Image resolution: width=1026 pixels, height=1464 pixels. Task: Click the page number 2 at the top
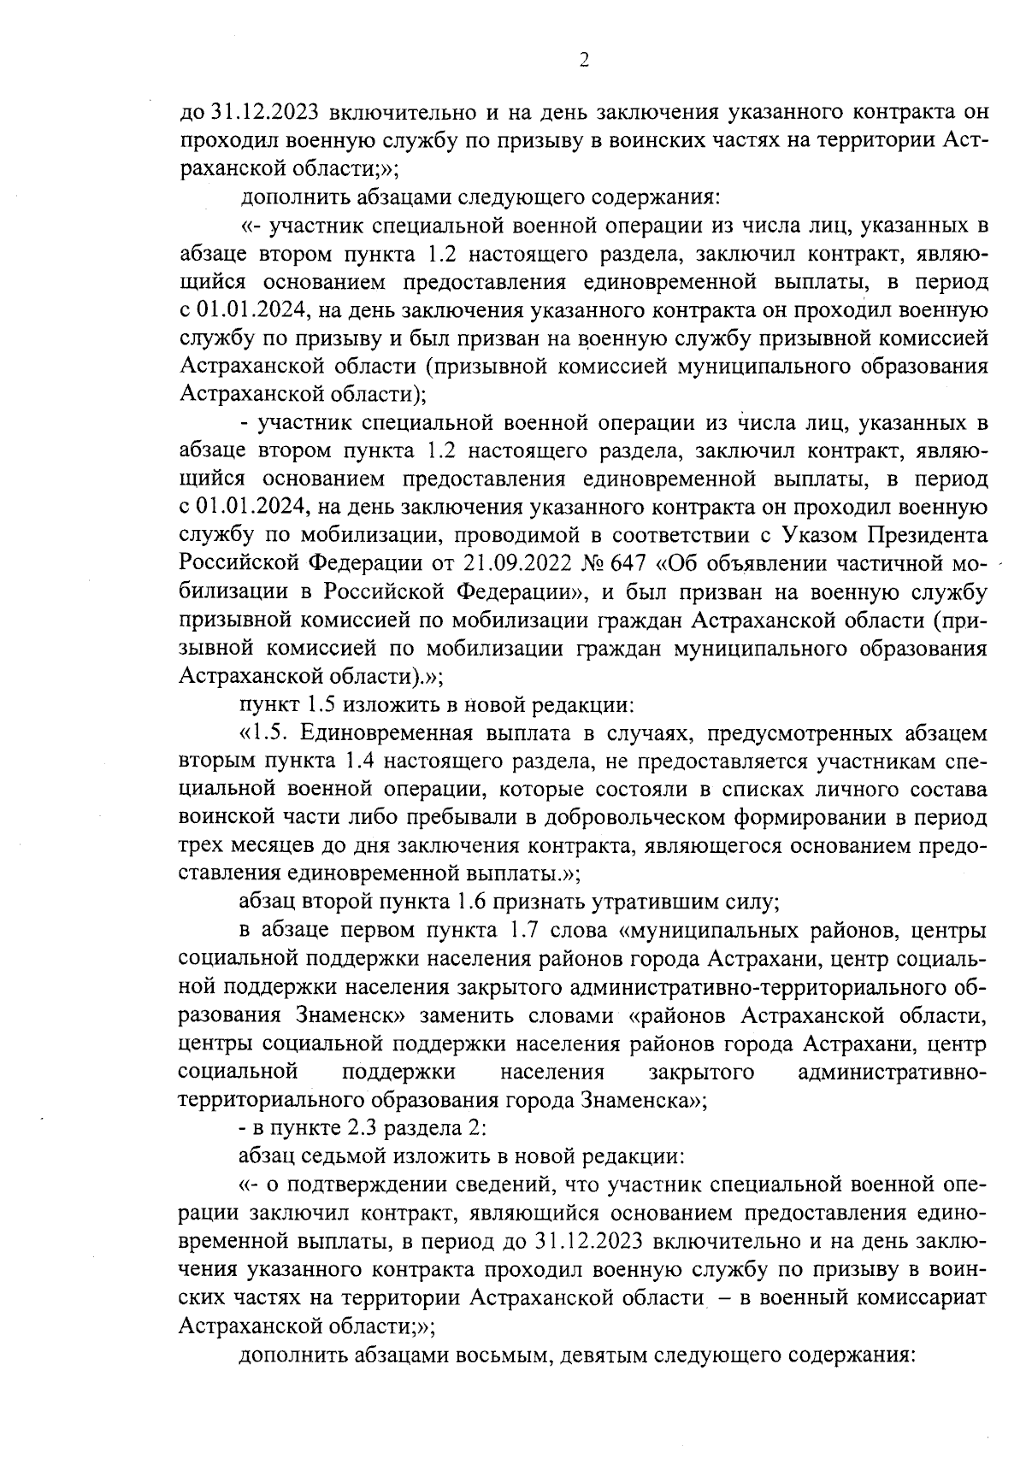584,60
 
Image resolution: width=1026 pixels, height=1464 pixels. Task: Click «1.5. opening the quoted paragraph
266,733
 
